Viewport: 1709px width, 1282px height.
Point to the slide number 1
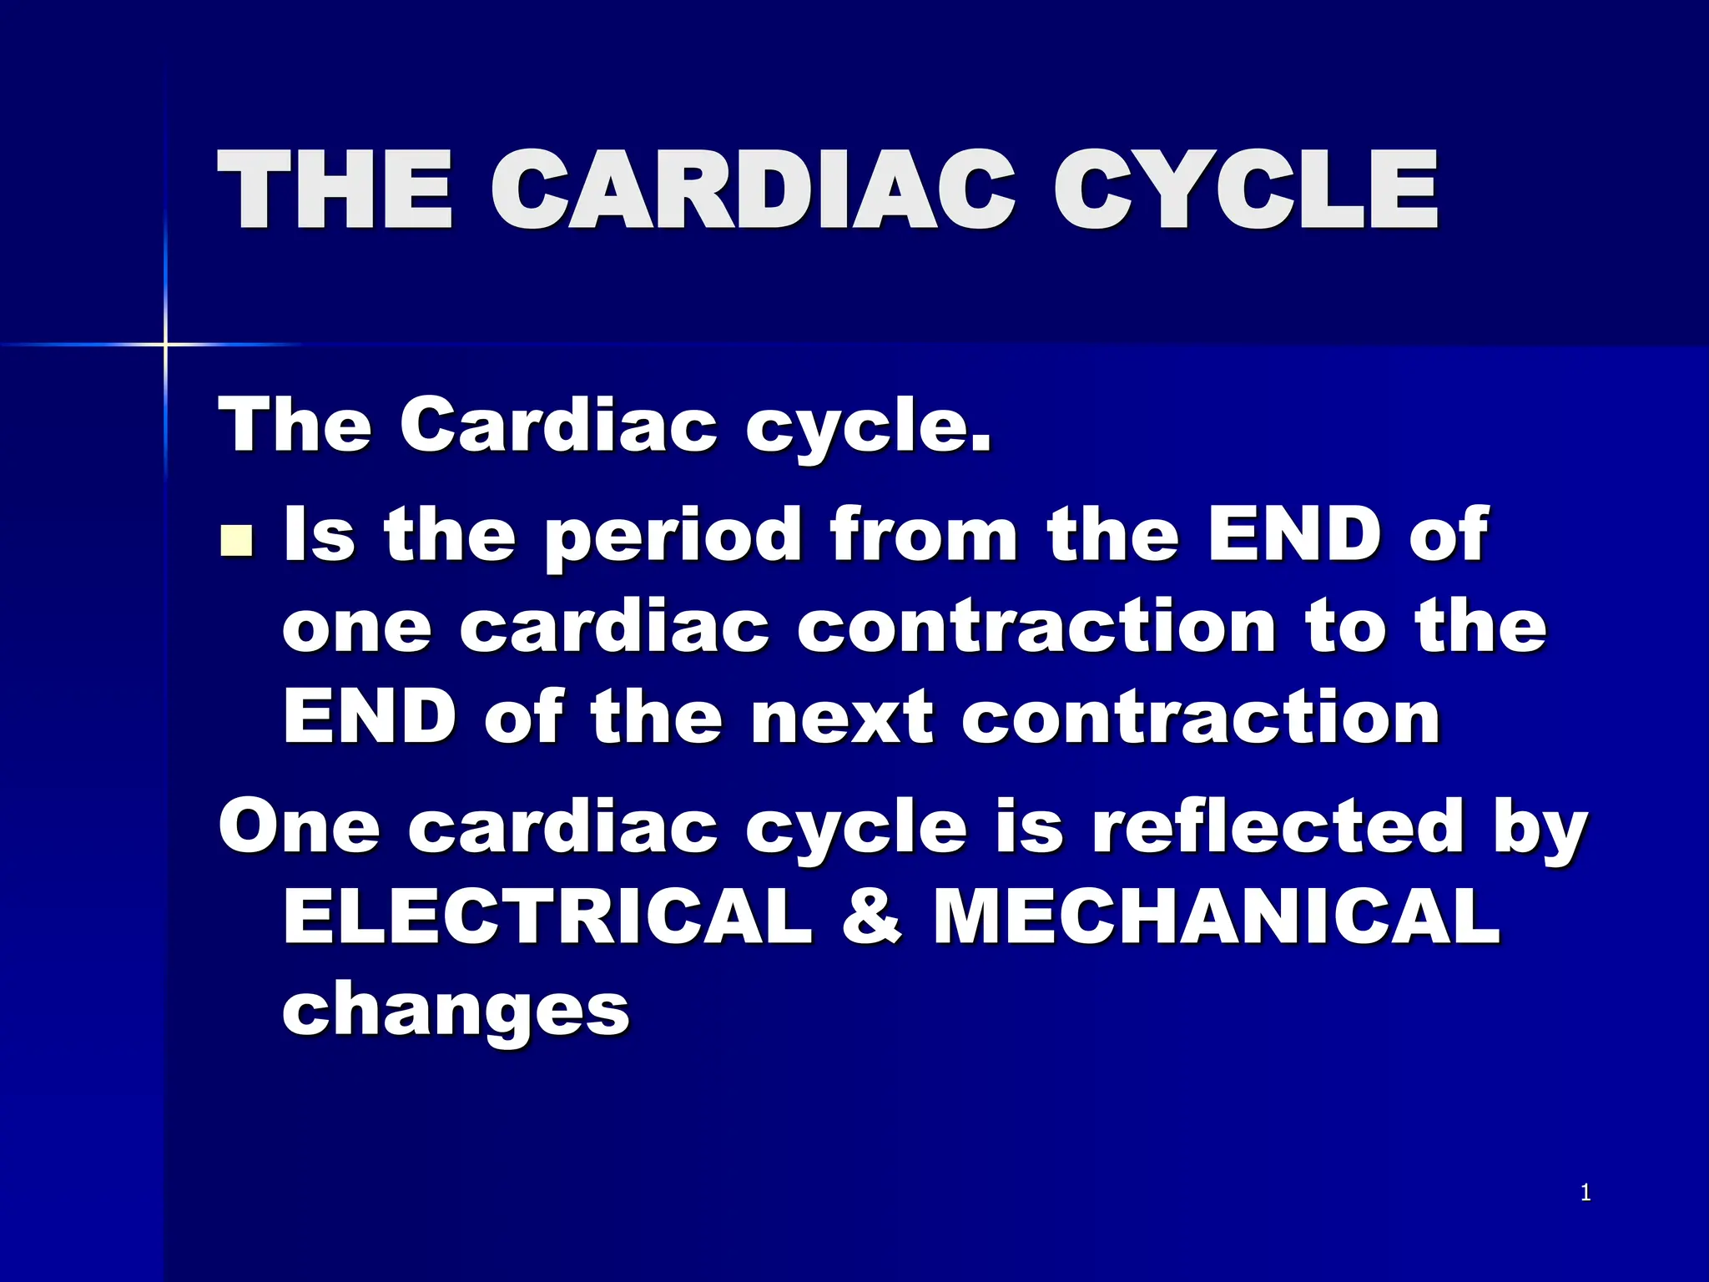pyautogui.click(x=1585, y=1194)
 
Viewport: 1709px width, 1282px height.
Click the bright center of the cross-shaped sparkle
pyautogui.click(x=165, y=344)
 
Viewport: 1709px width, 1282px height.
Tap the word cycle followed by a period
pyautogui.click(x=868, y=427)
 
